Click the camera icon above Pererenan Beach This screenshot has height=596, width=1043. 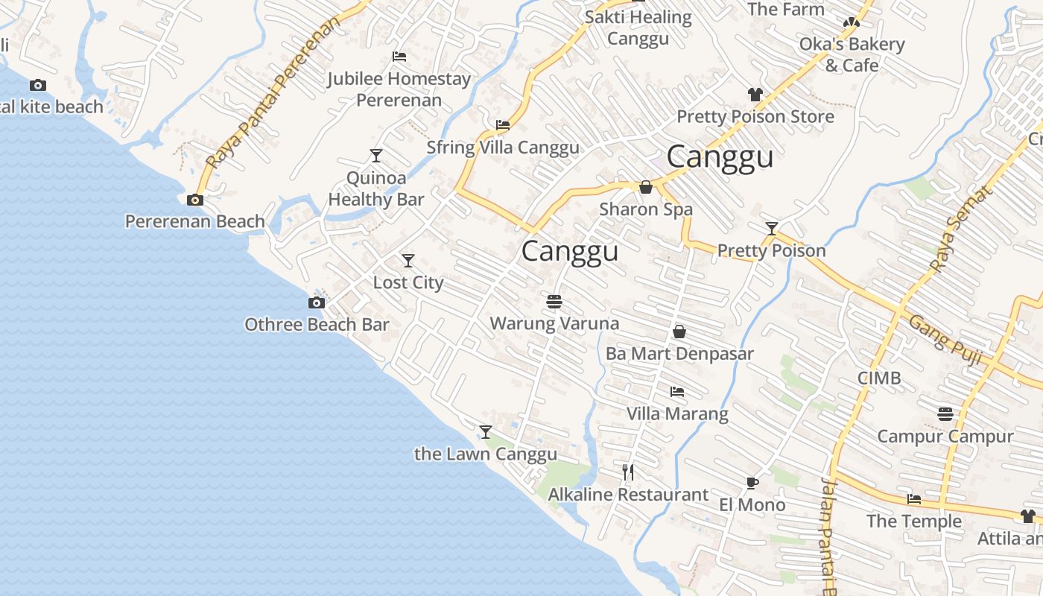tap(195, 200)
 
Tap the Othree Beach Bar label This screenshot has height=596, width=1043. tap(317, 325)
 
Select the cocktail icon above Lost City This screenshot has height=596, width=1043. tap(408, 261)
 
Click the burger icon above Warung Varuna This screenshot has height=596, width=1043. tap(554, 301)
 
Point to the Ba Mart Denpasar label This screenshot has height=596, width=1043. tap(679, 354)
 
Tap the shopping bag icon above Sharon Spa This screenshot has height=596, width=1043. tap(646, 187)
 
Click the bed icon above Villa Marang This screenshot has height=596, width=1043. tap(676, 391)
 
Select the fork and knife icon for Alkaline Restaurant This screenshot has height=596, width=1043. tap(628, 472)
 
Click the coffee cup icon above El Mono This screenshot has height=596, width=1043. tap(752, 483)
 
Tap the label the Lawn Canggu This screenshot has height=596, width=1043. tap(485, 454)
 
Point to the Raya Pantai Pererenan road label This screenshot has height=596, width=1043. tap(272, 93)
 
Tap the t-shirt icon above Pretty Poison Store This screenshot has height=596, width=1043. tap(755, 95)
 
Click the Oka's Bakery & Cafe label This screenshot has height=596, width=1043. tap(852, 54)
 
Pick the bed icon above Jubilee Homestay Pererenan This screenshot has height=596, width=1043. tap(399, 57)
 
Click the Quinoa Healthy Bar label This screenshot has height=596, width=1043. tap(376, 188)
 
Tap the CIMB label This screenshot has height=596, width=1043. tap(879, 378)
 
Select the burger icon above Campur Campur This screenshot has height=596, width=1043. tap(945, 413)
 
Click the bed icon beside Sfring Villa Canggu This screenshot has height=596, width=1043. tap(503, 125)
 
